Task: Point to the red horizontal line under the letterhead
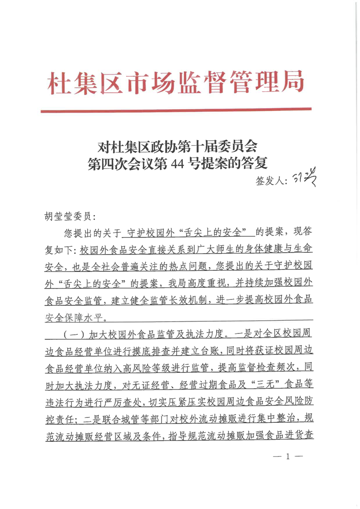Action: (176, 110)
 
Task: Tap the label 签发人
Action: (271, 181)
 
